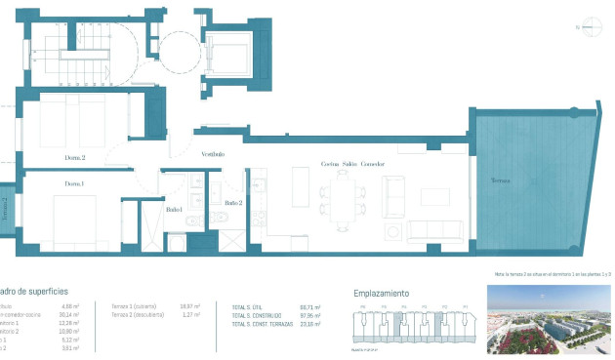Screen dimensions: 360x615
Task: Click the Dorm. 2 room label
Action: pyautogui.click(x=75, y=157)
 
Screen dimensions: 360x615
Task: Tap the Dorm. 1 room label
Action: pyautogui.click(x=74, y=183)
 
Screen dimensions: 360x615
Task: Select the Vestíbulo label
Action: pyautogui.click(x=213, y=154)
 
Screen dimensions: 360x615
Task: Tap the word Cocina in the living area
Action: pyautogui.click(x=330, y=165)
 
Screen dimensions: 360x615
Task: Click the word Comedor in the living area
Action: pyautogui.click(x=373, y=165)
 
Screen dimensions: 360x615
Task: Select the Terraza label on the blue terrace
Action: pyautogui.click(x=500, y=182)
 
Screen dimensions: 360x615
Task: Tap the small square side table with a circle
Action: pyautogui.click(x=392, y=232)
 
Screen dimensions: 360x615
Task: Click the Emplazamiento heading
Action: pyautogui.click(x=382, y=293)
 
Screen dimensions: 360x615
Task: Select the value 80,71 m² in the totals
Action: pyautogui.click(x=312, y=306)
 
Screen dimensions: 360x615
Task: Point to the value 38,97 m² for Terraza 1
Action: pyautogui.click(x=190, y=306)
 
